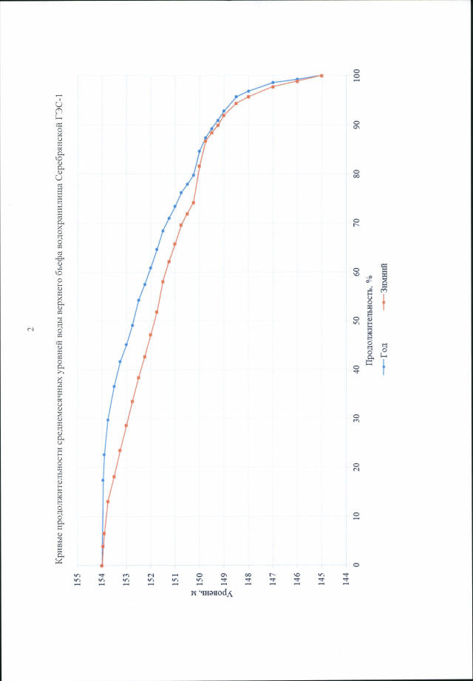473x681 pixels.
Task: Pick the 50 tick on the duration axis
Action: click(x=358, y=321)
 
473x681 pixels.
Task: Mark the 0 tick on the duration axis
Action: click(x=358, y=565)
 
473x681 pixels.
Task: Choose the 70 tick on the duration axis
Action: click(x=358, y=222)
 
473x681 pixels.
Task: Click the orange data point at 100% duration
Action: click(x=321, y=75)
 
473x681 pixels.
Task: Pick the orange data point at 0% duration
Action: click(x=101, y=565)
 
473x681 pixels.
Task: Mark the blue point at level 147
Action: click(x=273, y=82)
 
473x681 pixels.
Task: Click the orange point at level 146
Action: click(x=297, y=81)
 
